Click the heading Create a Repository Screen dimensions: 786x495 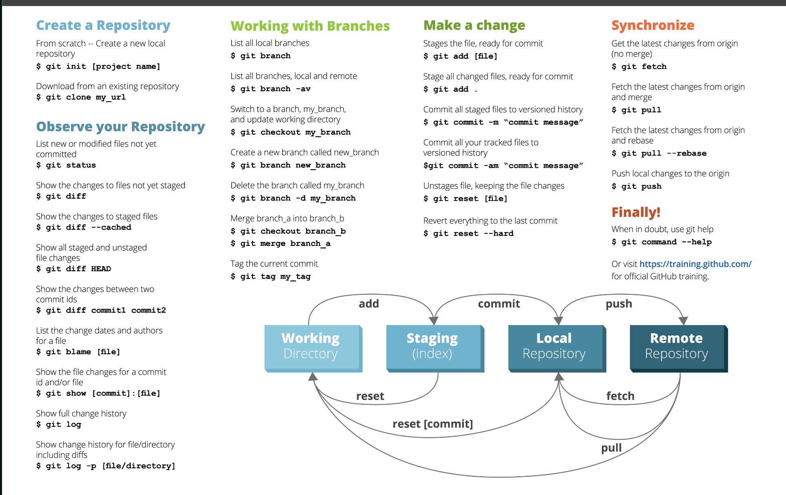click(103, 25)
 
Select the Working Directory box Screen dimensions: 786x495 click(313, 348)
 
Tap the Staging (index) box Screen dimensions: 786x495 click(435, 348)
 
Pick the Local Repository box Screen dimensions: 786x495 click(557, 348)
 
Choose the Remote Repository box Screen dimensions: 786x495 click(679, 348)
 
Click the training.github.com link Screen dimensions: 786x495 click(695, 264)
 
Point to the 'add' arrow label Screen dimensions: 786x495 click(369, 303)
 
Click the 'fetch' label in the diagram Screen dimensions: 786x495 click(620, 396)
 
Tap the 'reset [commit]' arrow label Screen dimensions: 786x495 click(433, 424)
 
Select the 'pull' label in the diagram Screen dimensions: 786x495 click(611, 448)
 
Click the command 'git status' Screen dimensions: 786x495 click(71, 165)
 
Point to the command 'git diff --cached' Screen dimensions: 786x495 click(89, 227)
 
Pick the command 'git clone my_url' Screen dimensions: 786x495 click(86, 97)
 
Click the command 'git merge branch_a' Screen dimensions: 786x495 click(285, 243)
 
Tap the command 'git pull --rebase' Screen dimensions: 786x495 click(664, 153)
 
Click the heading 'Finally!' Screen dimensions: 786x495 click(636, 212)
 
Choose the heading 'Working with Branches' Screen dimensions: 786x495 click(310, 26)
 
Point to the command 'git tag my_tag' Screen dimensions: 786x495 click(276, 276)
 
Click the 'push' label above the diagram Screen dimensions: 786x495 click(619, 304)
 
